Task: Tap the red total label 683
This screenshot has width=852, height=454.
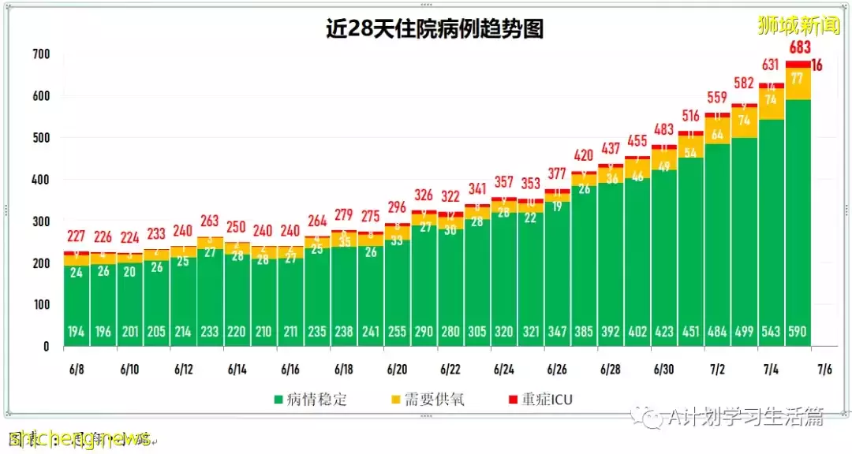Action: click(x=799, y=48)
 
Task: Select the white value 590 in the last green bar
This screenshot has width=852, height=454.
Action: click(x=798, y=332)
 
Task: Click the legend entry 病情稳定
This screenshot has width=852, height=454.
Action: click(x=312, y=400)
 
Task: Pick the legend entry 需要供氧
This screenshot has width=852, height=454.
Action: click(x=431, y=400)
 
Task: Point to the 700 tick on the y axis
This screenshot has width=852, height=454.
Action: click(x=41, y=54)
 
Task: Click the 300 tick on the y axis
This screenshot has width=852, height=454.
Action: click(x=41, y=221)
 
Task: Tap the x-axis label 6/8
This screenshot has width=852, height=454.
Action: click(x=77, y=369)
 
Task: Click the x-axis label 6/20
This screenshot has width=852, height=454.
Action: click(x=397, y=369)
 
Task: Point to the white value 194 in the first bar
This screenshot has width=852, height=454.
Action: click(x=77, y=332)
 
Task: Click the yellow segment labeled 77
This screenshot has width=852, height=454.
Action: click(x=798, y=78)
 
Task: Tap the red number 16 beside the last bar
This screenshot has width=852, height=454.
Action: click(x=818, y=65)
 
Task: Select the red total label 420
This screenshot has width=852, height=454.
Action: click(x=584, y=154)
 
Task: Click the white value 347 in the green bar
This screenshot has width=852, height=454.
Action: click(x=557, y=332)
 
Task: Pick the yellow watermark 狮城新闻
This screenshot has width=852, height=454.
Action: click(x=798, y=24)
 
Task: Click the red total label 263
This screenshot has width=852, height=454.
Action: click(x=210, y=221)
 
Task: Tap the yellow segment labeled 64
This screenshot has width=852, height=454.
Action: click(x=717, y=134)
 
